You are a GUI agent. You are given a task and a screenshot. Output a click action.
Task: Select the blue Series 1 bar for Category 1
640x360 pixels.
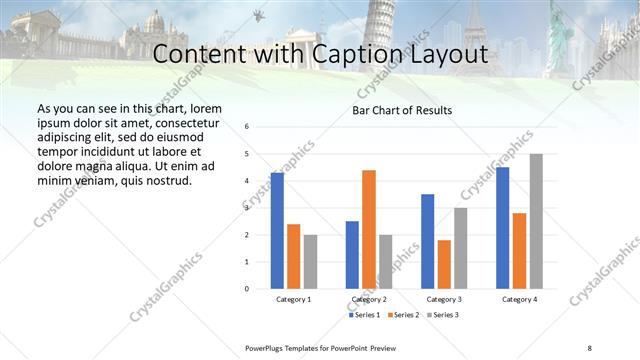(277, 231)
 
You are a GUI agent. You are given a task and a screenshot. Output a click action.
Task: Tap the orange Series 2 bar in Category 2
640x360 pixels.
(369, 229)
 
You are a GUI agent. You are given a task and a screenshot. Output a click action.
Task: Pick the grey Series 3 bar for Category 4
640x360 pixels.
(536, 221)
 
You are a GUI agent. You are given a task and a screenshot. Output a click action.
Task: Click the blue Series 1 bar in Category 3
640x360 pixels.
(428, 241)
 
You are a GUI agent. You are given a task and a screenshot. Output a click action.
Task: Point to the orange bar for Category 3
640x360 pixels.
(444, 264)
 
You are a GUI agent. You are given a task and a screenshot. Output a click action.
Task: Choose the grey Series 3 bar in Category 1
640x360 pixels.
(310, 262)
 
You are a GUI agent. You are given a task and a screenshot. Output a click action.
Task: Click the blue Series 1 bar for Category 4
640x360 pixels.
(503, 228)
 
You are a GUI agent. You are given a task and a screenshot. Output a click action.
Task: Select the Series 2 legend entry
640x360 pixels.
(403, 316)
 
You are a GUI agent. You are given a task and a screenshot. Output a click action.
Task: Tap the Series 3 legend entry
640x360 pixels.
(444, 316)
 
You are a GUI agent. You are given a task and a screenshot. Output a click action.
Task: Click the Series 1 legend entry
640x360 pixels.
(364, 316)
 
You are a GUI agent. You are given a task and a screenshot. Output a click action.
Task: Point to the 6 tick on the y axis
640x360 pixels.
(247, 127)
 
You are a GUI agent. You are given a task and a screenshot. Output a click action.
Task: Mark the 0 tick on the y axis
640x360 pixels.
(247, 289)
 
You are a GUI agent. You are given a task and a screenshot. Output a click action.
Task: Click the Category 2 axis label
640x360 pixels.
(369, 299)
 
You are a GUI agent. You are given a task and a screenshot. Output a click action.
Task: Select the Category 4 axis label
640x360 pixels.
(519, 299)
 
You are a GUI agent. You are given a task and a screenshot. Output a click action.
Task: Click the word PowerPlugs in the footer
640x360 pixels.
(267, 346)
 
